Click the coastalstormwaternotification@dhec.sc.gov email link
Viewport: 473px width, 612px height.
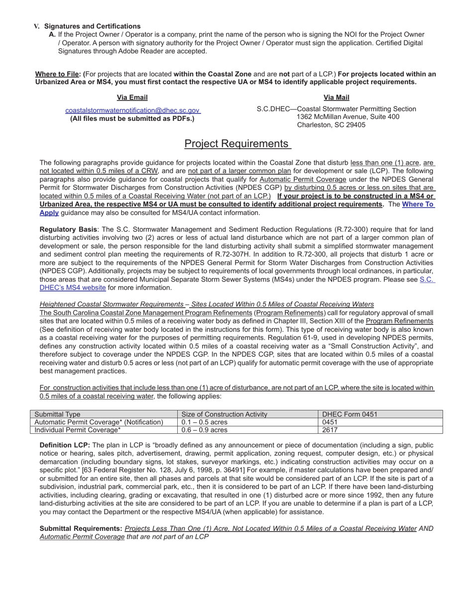[x=132, y=110]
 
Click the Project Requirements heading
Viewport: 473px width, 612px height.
[x=237, y=144]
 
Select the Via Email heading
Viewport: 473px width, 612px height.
[x=132, y=98]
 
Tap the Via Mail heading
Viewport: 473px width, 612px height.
[x=337, y=98]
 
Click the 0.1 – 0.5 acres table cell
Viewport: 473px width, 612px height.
[x=205, y=422]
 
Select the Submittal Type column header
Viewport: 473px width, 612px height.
[x=57, y=414]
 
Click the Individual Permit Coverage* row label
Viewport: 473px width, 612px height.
[x=78, y=430]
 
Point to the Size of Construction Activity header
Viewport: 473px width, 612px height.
[x=225, y=414]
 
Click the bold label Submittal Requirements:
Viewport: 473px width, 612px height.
[x=81, y=528]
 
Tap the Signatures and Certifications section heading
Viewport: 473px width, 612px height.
[x=92, y=26]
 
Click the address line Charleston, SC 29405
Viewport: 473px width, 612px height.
[x=331, y=125]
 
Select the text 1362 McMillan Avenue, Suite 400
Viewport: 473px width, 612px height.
[x=348, y=117]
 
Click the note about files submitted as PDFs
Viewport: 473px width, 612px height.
[x=132, y=118]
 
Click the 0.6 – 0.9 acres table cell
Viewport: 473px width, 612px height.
[x=205, y=430]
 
